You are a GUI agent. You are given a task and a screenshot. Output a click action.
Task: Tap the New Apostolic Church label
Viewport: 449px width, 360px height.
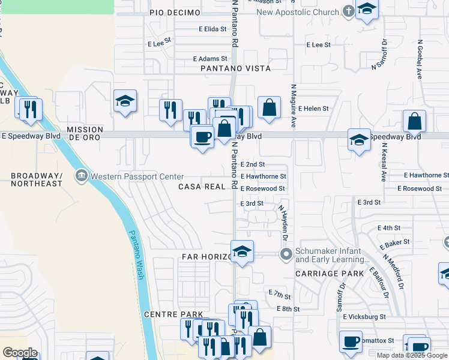coord(298,12)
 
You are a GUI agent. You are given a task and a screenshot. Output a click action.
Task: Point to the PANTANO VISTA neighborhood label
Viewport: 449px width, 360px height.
coord(236,68)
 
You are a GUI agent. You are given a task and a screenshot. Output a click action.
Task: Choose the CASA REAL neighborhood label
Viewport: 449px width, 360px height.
coord(202,187)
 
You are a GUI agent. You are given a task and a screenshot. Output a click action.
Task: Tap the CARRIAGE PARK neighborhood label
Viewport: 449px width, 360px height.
coord(330,274)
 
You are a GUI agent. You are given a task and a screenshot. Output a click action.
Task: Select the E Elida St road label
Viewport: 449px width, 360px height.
coord(216,28)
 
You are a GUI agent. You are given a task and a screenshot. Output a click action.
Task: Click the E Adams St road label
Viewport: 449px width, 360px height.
coord(210,59)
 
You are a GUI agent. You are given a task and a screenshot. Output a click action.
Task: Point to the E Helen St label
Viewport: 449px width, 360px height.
coord(313,109)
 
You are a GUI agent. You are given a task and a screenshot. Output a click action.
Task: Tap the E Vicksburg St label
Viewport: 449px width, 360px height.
coord(374,316)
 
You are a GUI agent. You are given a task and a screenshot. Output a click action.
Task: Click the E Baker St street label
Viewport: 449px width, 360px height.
coord(397,242)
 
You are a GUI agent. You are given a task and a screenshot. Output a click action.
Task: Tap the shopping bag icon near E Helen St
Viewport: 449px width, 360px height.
coord(270,108)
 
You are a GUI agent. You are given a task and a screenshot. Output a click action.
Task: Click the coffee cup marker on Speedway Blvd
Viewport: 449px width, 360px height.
coord(202,137)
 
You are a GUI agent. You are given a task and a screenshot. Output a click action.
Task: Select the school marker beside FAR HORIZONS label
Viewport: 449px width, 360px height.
coord(242,252)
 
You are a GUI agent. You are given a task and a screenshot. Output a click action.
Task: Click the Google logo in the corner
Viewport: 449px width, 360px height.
coord(20,353)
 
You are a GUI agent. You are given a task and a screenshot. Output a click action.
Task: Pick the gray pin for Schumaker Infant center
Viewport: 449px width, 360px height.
coord(286,254)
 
